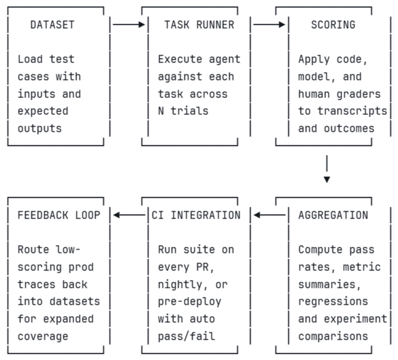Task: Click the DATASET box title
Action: tap(52, 25)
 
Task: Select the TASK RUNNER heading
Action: tap(199, 25)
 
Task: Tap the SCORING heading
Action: tap(333, 25)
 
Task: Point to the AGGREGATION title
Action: tap(333, 215)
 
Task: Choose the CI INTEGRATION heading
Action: tap(196, 215)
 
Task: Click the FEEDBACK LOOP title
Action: tap(59, 215)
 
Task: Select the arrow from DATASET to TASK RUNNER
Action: tap(129, 25)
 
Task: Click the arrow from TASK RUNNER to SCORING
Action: tap(269, 25)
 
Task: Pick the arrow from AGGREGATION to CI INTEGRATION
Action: tap(269, 215)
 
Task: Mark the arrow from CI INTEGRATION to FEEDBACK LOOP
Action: tap(129, 215)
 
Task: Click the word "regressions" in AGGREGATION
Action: tap(333, 301)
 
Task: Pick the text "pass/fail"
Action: tap(186, 336)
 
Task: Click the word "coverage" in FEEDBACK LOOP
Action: tap(43, 336)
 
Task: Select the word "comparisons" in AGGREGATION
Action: tap(333, 336)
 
